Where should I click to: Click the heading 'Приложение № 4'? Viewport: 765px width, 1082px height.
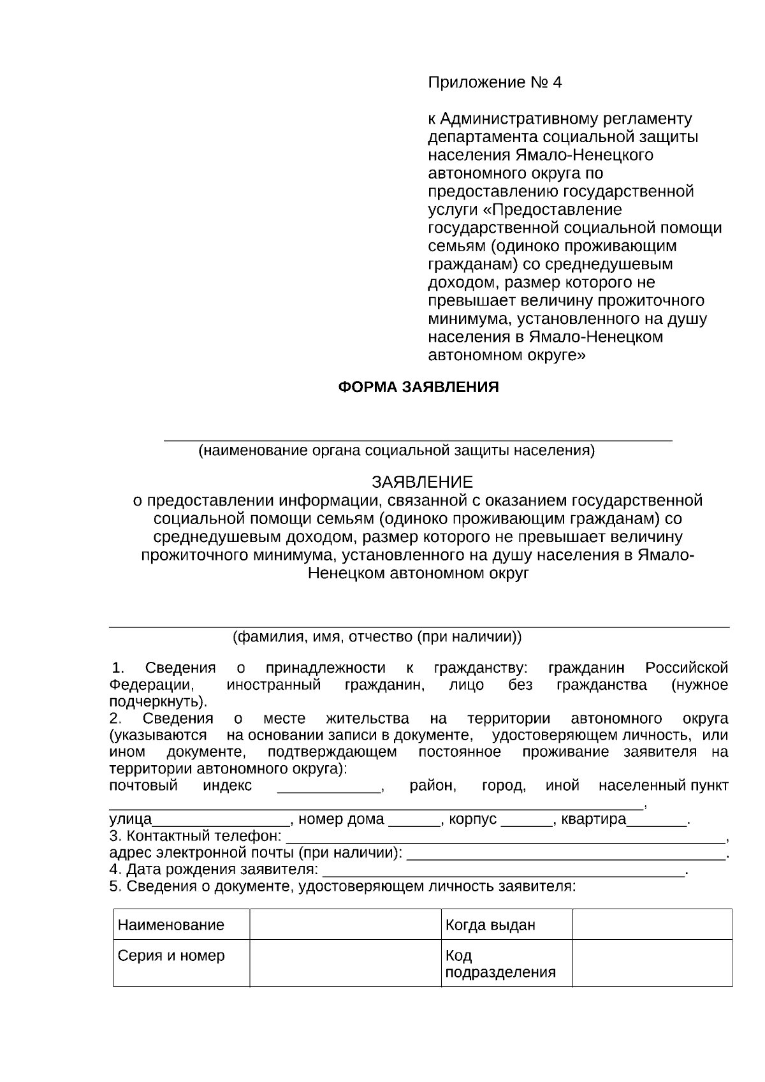pos(495,83)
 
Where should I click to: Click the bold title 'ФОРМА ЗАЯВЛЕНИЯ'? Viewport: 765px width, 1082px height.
pos(418,387)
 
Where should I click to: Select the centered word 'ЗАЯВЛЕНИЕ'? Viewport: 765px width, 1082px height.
pos(422,482)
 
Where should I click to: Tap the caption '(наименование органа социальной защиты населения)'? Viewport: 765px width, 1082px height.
pos(396,451)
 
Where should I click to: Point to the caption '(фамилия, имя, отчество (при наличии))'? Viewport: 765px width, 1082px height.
pos(377,636)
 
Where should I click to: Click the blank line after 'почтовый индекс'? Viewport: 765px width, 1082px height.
pos(330,790)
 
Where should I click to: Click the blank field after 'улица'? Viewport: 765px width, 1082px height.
pos(221,823)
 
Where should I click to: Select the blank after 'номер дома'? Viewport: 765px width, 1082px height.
pos(414,823)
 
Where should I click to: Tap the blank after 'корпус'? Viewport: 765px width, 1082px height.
pos(527,823)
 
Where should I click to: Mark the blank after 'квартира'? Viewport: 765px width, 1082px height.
pos(657,823)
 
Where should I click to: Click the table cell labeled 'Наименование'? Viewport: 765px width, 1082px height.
pos(171,925)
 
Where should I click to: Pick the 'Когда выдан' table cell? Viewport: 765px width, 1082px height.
pos(490,925)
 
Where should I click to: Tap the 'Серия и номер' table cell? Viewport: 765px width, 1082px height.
pos(171,956)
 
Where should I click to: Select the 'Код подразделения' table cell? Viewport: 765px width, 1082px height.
pos(500,963)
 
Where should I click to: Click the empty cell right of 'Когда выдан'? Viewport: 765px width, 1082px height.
pos(652,925)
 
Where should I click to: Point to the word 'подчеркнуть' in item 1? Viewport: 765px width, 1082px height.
pos(156,702)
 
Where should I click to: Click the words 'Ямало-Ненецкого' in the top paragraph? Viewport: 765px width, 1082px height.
pos(583,155)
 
